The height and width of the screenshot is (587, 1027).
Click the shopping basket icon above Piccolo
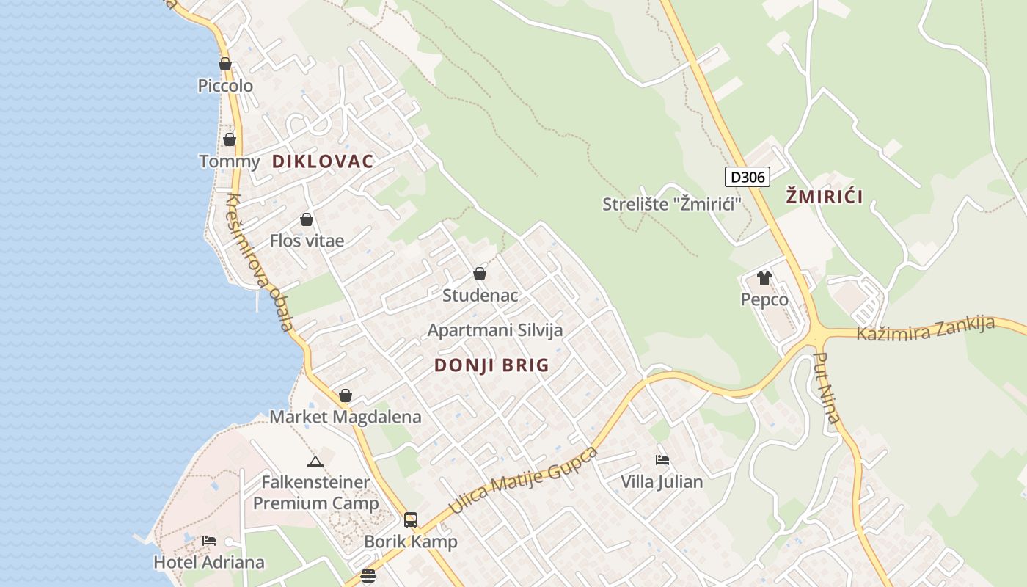[x=225, y=64]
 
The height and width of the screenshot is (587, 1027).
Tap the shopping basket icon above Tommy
[x=230, y=139]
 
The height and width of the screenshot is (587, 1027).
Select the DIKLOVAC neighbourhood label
[x=323, y=161]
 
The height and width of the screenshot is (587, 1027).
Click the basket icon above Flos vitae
[x=307, y=219]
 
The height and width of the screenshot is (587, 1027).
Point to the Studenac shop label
[x=480, y=295]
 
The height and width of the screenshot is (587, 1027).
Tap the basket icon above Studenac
[x=480, y=274]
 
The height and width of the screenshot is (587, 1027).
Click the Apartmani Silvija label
[x=495, y=330]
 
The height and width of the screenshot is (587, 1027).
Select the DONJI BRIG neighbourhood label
[x=491, y=365]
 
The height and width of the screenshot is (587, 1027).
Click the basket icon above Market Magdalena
[x=346, y=395]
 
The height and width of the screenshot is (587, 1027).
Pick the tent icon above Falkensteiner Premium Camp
[x=315, y=462]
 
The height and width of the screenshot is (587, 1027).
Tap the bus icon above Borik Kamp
[x=411, y=520]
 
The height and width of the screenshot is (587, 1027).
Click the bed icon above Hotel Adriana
[x=209, y=541]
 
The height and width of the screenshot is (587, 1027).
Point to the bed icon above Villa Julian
[x=662, y=460]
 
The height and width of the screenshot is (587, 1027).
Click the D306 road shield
[x=748, y=177]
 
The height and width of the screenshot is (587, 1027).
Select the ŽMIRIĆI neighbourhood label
[x=824, y=196]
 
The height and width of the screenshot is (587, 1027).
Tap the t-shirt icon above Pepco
[x=764, y=277]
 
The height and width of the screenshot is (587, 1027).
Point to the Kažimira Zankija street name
[x=926, y=329]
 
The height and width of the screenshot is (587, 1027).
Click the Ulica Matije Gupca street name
[x=523, y=480]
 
